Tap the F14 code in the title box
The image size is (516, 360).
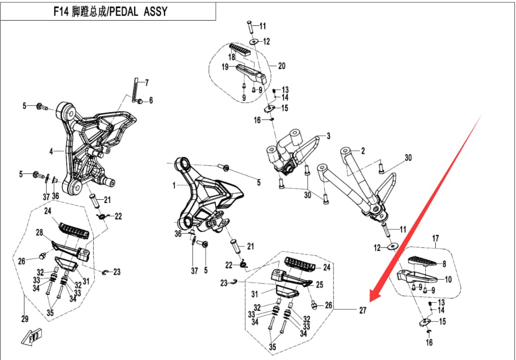click(62, 11)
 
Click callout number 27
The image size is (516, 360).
click(363, 310)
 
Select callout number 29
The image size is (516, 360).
click(25, 319)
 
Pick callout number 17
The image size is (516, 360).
click(435, 238)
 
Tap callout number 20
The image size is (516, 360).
click(281, 66)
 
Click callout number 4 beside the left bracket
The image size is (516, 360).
click(51, 152)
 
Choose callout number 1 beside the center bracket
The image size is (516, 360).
click(174, 185)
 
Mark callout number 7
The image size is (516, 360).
click(147, 83)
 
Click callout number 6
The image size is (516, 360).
click(150, 100)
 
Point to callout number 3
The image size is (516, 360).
click(328, 136)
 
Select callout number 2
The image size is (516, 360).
click(363, 151)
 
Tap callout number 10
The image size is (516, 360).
click(448, 280)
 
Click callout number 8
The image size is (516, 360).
click(444, 263)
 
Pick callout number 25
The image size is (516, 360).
click(319, 285)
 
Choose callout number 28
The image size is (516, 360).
click(40, 232)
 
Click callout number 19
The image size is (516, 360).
click(225, 67)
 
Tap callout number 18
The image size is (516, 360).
click(231, 57)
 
